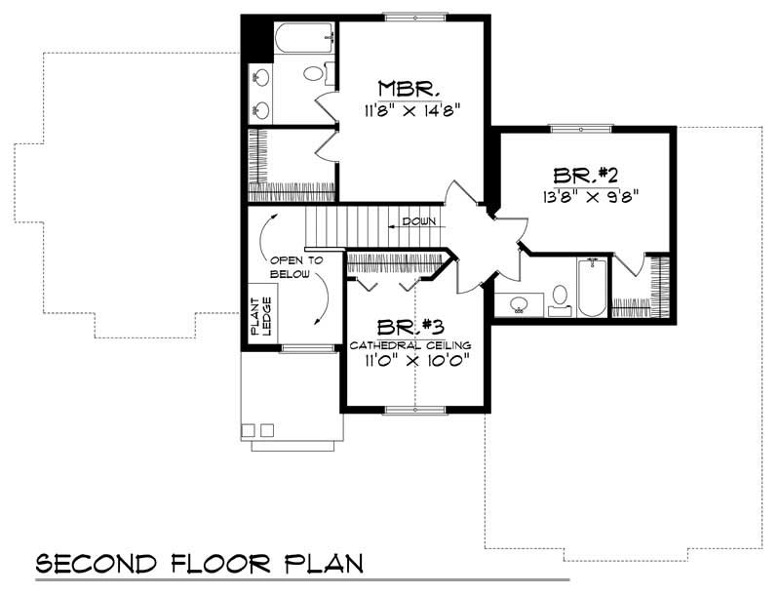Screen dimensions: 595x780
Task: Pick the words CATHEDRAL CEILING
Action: click(x=410, y=346)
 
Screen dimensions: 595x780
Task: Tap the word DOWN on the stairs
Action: click(x=417, y=223)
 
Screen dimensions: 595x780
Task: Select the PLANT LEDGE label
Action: click(x=261, y=317)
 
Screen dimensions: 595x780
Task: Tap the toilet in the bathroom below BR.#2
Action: click(x=561, y=297)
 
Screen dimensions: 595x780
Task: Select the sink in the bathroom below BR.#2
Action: click(x=518, y=304)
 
